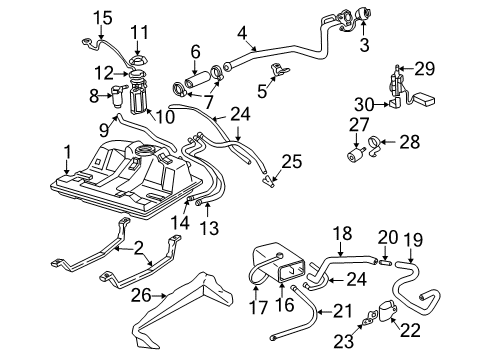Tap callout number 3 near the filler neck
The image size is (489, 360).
point(363,44)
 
